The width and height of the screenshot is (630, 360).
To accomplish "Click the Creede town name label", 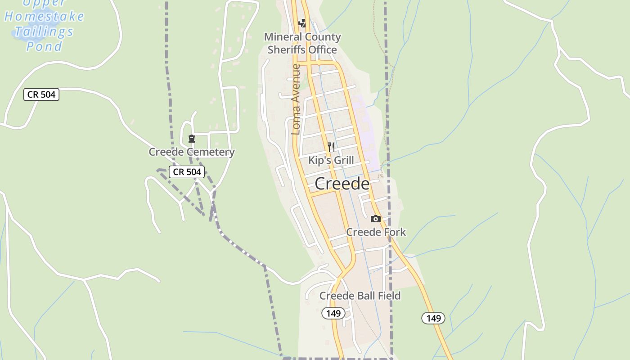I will tap(342, 184).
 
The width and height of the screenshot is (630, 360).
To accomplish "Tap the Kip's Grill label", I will tap(331, 160).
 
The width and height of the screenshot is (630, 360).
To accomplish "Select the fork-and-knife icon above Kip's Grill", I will tap(331, 147).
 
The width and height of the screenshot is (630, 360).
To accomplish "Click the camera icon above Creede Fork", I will tap(375, 219).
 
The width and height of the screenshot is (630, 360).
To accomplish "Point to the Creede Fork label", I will tap(376, 232).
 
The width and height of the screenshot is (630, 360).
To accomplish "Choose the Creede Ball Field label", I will tap(360, 296).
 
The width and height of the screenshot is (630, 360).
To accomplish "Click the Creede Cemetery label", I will tap(191, 152).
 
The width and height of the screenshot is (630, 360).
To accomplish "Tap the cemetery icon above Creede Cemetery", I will tap(192, 139).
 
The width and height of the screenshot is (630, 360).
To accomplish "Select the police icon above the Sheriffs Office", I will tap(302, 23).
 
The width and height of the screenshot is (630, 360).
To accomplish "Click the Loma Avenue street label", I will tap(296, 99).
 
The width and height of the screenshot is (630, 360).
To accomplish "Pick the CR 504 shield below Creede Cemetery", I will tap(187, 171).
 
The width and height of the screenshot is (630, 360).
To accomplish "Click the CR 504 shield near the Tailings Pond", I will tap(41, 94).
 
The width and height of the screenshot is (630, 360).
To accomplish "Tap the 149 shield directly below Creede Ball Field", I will tap(333, 313).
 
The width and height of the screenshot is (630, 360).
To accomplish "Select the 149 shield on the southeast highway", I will tap(433, 318).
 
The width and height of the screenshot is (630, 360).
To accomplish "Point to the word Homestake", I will tap(44, 17).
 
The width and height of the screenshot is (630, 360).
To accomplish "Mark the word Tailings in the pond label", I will tap(44, 31).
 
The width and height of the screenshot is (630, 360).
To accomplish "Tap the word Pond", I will tap(44, 46).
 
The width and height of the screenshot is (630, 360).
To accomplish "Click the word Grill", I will tap(343, 160).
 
